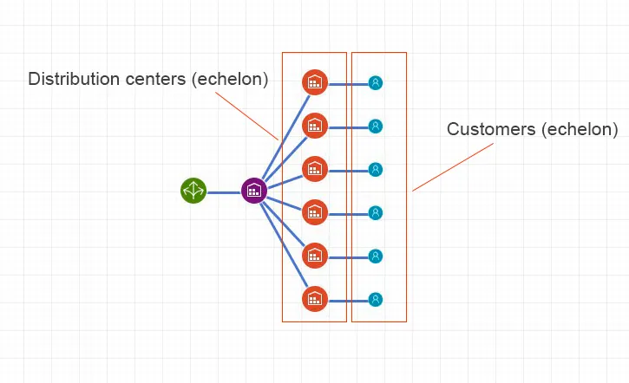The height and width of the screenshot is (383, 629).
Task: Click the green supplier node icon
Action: pos(193,191)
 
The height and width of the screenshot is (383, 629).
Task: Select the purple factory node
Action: pos(253,191)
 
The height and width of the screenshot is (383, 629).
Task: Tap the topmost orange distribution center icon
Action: pos(314,82)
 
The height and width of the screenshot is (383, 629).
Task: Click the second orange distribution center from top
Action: pos(314,126)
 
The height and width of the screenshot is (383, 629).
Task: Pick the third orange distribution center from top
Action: pos(314,168)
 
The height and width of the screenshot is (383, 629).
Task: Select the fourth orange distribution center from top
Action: pos(314,211)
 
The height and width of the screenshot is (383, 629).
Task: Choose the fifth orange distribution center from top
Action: pos(314,255)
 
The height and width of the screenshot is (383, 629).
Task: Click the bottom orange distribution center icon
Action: pos(314,299)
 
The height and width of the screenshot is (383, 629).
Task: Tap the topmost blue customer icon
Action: pos(376,83)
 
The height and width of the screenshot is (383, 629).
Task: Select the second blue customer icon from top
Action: pos(376,127)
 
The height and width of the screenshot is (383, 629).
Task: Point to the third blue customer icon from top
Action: pos(376,169)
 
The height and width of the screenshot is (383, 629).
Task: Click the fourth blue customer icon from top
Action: pos(376,212)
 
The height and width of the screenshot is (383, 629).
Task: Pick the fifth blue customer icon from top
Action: pos(376,256)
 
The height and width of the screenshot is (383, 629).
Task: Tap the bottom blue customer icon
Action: pos(376,300)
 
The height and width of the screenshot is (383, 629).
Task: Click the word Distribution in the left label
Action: pos(72,80)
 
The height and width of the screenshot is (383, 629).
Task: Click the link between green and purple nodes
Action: pos(223,191)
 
